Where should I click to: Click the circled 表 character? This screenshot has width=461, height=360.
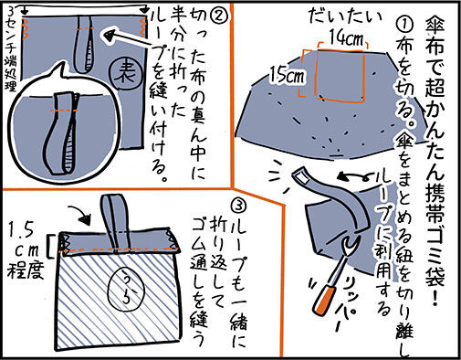[x=127, y=73]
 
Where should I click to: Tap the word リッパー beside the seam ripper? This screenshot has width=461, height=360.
[x=347, y=306]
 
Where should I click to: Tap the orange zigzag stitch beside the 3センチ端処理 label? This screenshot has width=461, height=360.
[x=26, y=29]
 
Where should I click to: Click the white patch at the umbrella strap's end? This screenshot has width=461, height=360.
[x=301, y=176]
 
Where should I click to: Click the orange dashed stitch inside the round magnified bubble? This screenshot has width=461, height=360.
[x=65, y=110]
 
